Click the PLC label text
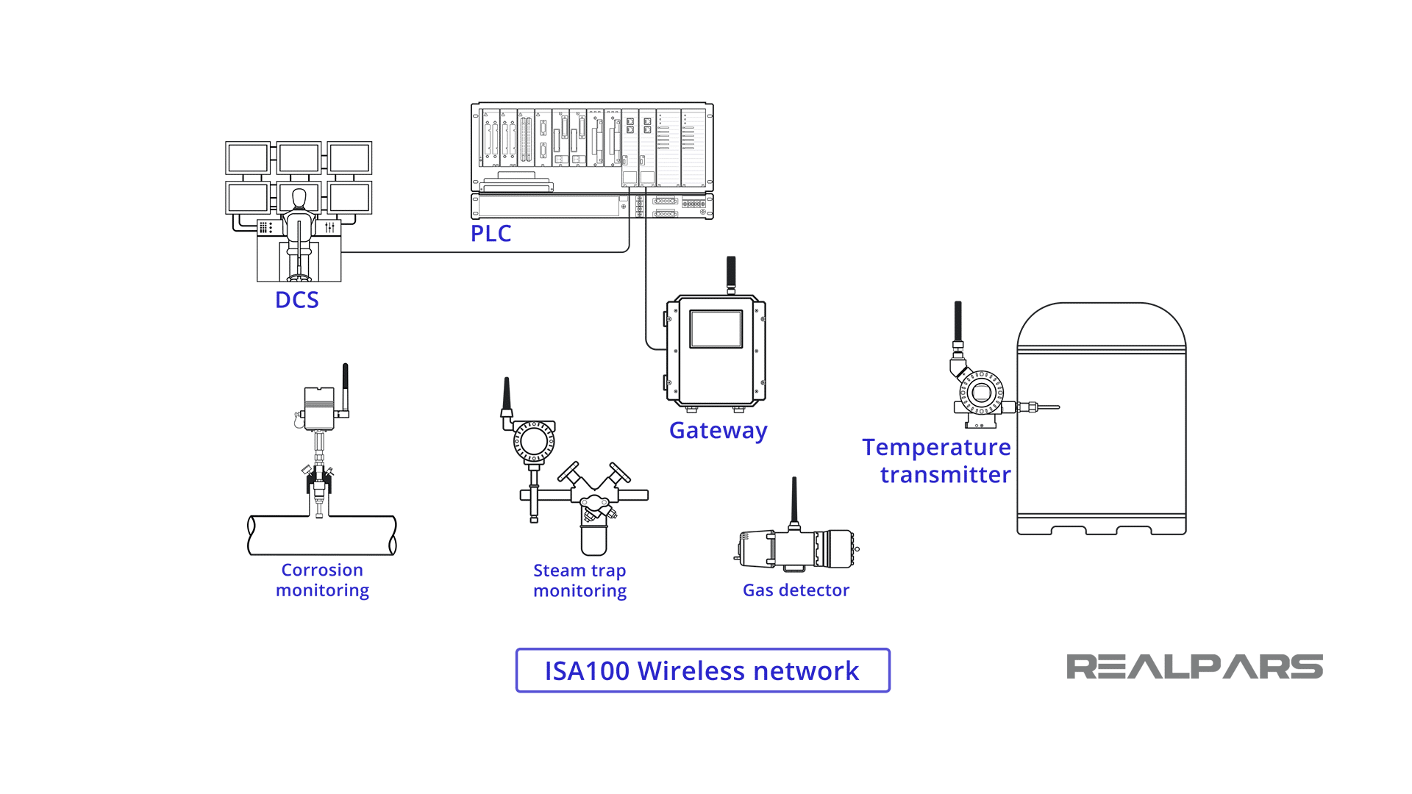click(491, 234)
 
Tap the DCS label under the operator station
click(296, 300)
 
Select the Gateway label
click(718, 430)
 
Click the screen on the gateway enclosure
click(716, 329)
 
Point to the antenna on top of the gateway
click(731, 273)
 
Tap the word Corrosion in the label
click(322, 570)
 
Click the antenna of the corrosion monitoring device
click(345, 386)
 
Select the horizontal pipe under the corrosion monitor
click(322, 535)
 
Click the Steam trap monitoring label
click(580, 581)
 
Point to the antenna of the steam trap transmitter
click(506, 397)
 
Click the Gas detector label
click(796, 590)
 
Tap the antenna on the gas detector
click(794, 500)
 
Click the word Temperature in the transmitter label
click(936, 447)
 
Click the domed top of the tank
click(1101, 323)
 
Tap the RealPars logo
click(1194, 667)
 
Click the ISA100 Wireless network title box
click(702, 670)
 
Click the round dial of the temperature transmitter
click(981, 393)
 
